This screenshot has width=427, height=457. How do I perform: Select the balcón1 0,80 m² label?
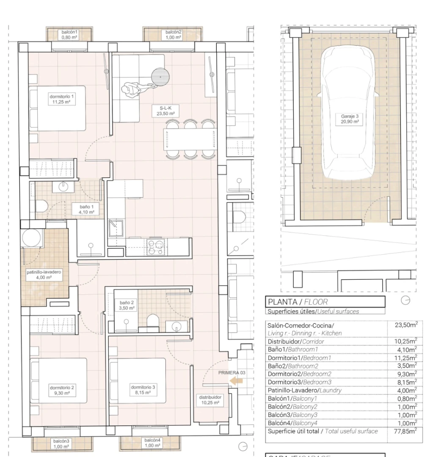click(x=69, y=35)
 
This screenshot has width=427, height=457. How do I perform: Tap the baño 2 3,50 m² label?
click(x=127, y=306)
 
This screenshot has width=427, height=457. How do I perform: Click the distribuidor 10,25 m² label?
click(x=210, y=400)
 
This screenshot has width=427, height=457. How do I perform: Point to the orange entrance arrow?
click(x=236, y=381)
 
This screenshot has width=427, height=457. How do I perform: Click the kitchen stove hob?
click(x=152, y=244)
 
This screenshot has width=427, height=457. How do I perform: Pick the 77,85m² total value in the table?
click(x=405, y=431)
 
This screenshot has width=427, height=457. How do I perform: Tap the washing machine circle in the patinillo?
click(x=31, y=239)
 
